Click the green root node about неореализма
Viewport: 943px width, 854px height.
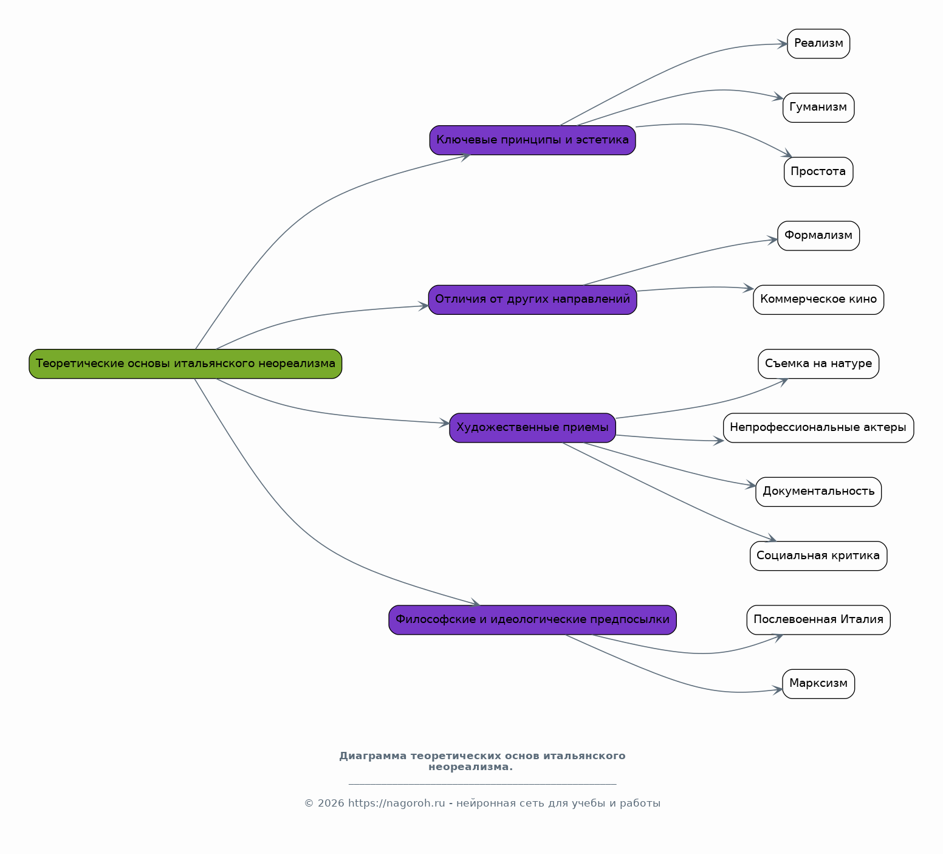coord(185,363)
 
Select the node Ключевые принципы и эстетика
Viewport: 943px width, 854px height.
coord(532,140)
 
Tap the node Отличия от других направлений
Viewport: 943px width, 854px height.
coord(532,300)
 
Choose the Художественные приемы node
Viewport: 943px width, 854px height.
coord(532,428)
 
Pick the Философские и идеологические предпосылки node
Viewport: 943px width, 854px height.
coord(532,620)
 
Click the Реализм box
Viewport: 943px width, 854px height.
coord(818,44)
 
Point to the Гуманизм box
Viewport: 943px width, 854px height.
coord(818,108)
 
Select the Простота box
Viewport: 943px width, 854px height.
coord(818,172)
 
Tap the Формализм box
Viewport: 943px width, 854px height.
coord(818,236)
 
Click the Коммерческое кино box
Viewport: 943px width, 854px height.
coord(818,300)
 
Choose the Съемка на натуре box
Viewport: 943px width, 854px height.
coord(818,363)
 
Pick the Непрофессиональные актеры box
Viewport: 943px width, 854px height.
coord(818,428)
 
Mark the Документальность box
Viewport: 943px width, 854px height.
coord(818,492)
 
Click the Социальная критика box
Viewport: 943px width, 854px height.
coord(818,556)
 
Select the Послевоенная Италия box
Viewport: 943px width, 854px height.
coord(818,620)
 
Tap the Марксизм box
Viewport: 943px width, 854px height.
coord(818,684)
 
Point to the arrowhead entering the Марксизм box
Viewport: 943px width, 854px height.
coord(778,690)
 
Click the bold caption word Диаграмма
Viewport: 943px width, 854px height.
coord(373,756)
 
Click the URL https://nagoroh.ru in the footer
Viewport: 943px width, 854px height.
coord(397,804)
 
